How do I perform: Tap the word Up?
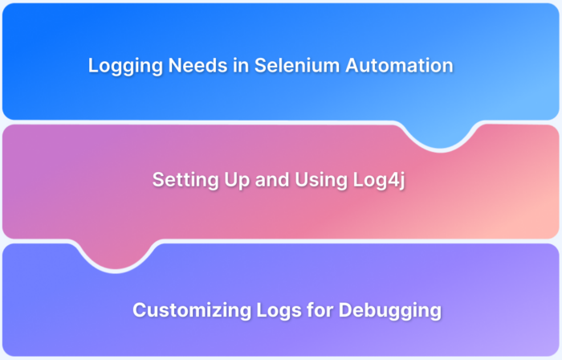coord(231,181)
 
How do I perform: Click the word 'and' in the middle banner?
coord(267,181)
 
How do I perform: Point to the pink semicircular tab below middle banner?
coord(116,255)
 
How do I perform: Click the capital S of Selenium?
coord(261,67)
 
